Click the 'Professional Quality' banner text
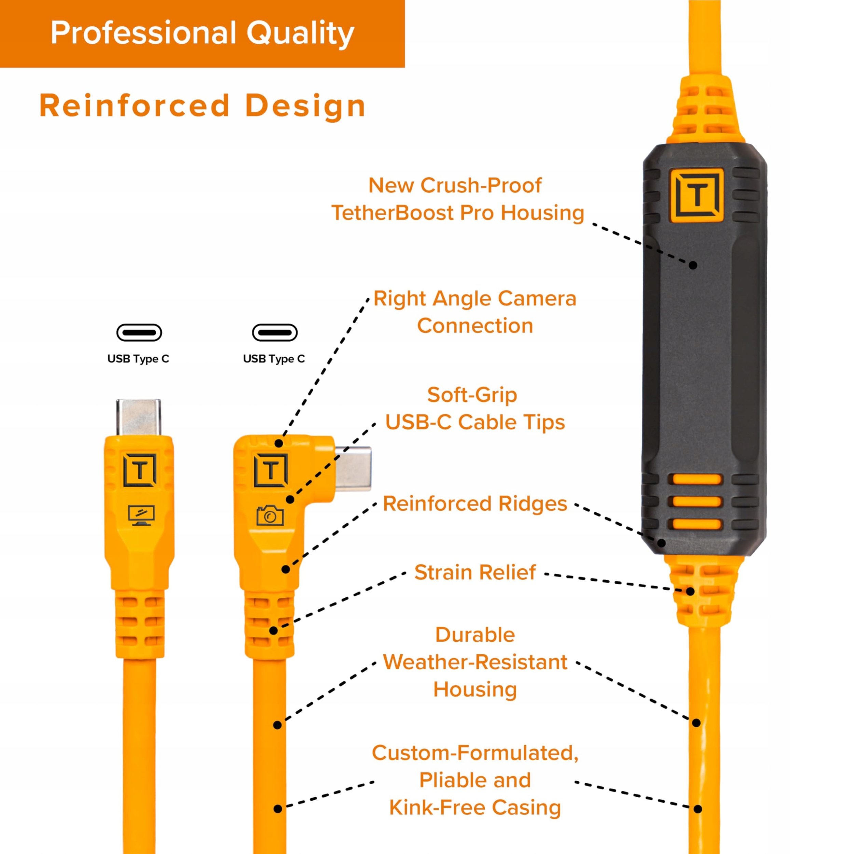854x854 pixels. [x=203, y=33]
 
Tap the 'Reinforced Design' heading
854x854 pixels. [x=203, y=106]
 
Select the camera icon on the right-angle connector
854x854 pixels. [x=270, y=515]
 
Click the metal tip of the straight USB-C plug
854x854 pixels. [x=138, y=418]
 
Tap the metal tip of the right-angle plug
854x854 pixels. [x=353, y=469]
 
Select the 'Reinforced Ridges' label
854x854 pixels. [x=475, y=504]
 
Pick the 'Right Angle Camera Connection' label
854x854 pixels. [x=475, y=312]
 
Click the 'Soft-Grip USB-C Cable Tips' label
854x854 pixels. [x=475, y=409]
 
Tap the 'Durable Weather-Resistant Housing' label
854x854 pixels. [x=475, y=662]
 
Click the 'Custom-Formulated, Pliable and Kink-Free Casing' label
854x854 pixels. [x=475, y=780]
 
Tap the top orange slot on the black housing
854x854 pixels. [x=697, y=479]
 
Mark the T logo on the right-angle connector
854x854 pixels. [x=271, y=470]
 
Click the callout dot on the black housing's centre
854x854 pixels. [x=693, y=265]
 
